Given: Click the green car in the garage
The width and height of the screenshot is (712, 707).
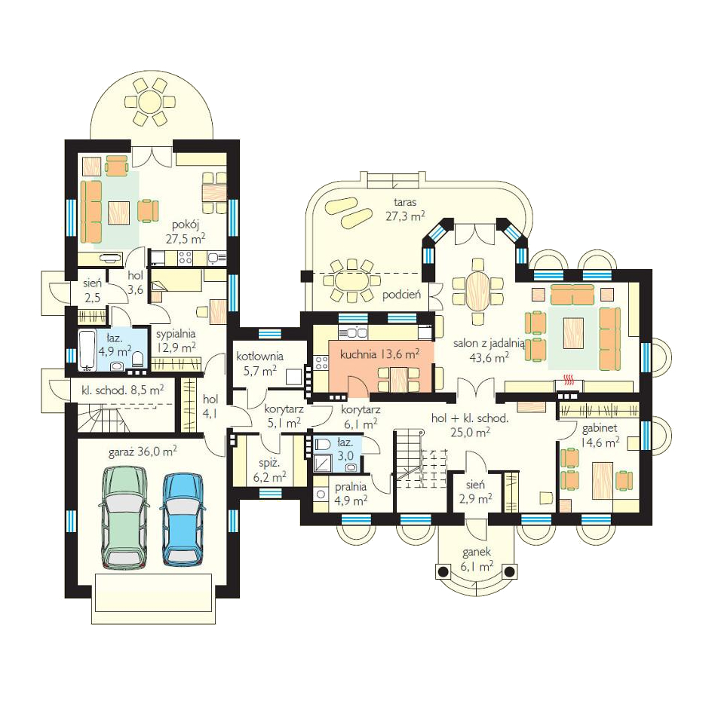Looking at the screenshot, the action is coord(124,517).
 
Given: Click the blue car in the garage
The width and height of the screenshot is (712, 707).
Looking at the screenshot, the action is coord(182,519).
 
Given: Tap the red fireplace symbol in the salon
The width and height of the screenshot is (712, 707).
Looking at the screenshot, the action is coord(567,379).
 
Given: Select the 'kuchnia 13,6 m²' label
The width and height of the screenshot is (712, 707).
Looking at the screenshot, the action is coord(379,354).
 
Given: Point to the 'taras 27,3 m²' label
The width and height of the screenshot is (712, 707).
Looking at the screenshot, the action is coord(405,210).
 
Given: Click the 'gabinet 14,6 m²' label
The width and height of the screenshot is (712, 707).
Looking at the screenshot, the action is coord(600,436).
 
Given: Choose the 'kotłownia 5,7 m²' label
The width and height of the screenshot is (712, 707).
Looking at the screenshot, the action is coord(259,364).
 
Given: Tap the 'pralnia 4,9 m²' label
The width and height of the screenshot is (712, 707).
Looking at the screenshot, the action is coord(351,493).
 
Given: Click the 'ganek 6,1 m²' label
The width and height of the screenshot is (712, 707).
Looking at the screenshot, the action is coord(477,559).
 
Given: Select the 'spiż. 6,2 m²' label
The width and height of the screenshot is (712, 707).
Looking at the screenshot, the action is coord(269,470).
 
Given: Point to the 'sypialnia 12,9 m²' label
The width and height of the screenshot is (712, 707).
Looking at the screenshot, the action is coord(176,341).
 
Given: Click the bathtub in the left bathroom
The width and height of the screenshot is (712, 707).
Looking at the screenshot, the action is coord(87,350).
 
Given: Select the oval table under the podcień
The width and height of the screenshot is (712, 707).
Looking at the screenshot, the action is coord(351,281).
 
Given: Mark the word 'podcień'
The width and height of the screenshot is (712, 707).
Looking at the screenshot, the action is coord(401,295).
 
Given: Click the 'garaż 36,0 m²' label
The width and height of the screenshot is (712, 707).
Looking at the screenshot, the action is coord(143,452).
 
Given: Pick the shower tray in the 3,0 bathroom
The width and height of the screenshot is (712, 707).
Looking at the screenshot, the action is coord(324,462).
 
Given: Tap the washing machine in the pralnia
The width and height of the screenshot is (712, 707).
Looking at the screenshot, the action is coord(321,494).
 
